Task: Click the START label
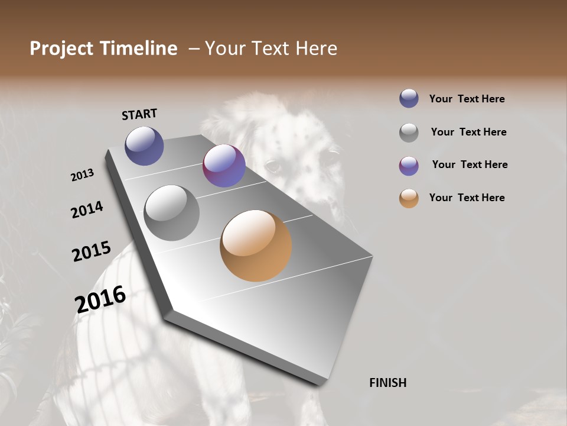tap(139, 114)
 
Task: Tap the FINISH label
tap(387, 383)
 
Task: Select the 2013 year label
tap(82, 175)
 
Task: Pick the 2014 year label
tap(87, 209)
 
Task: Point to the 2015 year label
tap(91, 251)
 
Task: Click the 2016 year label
tap(100, 299)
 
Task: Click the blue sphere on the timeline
tap(144, 146)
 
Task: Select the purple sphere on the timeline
tap(224, 166)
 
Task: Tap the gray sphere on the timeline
tap(171, 212)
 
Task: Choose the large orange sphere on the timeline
tap(256, 246)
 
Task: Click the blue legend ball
tap(409, 98)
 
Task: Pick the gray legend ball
tap(409, 132)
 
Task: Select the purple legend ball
tap(409, 165)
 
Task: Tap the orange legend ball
tap(409, 198)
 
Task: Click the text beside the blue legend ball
tap(467, 99)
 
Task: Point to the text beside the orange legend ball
tap(467, 198)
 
